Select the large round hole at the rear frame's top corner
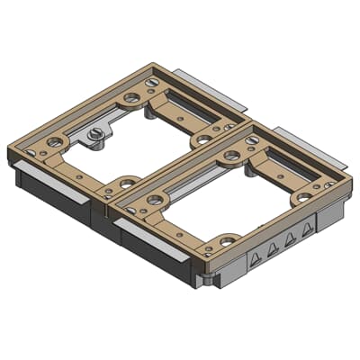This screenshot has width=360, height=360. coord(133,94)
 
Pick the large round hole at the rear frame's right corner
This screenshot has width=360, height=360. coord(202,139)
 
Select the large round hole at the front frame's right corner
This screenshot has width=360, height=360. coord(300,204)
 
